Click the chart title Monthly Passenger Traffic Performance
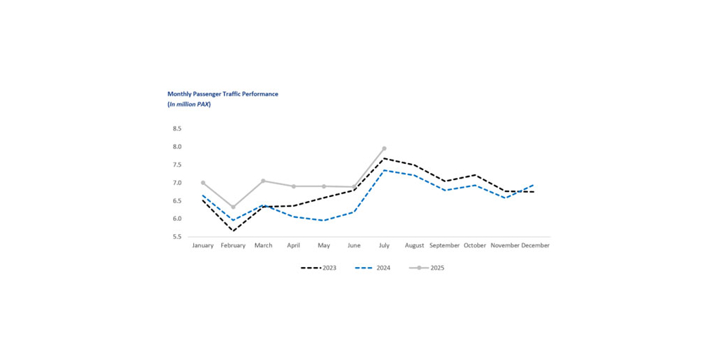tap(222, 94)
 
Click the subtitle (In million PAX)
tap(189, 104)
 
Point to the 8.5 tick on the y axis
tap(176, 129)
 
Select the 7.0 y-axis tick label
tap(176, 183)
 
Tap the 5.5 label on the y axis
tap(176, 237)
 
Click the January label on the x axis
tap(203, 245)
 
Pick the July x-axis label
tap(384, 245)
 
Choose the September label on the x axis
tap(444, 245)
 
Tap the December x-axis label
tap(535, 245)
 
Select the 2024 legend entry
tap(373, 268)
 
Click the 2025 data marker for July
tap(384, 148)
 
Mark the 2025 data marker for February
tap(233, 207)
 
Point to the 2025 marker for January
tap(203, 183)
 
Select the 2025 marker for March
tap(264, 181)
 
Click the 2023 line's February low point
tap(233, 231)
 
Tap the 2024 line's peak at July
tap(384, 170)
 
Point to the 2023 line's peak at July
tap(384, 158)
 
